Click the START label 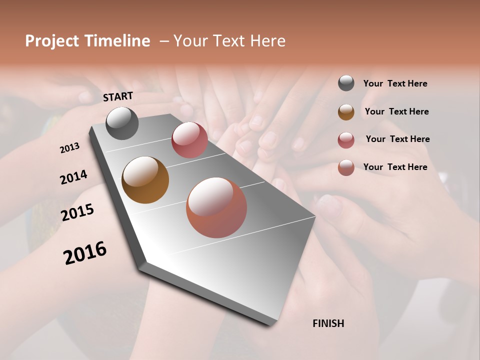click(118, 96)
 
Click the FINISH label click(328, 323)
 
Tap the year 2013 click(69, 148)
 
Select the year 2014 click(73, 177)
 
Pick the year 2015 click(77, 212)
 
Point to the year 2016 click(85, 252)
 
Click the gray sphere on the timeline click(122, 123)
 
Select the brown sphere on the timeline click(145, 180)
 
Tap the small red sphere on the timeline click(189, 140)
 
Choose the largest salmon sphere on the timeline click(216, 207)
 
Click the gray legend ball click(346, 83)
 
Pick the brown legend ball click(346, 111)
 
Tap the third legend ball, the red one click(346, 139)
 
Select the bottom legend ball click(346, 167)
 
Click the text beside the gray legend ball click(395, 83)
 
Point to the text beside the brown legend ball click(396, 111)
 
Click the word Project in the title click(52, 41)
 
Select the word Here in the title click(268, 41)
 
